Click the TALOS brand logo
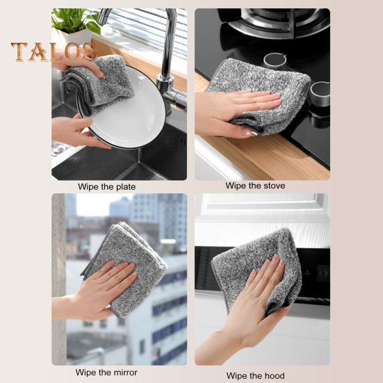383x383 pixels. coord(54,52)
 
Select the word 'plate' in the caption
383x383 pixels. coord(126,187)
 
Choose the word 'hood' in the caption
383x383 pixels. coord(275,375)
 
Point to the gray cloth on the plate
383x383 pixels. coord(104,83)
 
